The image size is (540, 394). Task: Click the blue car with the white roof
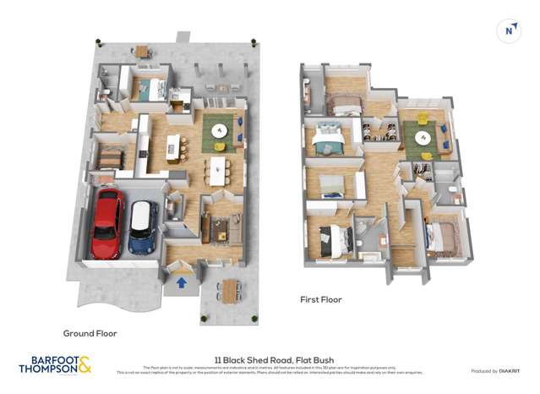(x=144, y=227)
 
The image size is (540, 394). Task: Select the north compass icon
(x=509, y=31)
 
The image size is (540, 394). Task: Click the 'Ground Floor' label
(x=90, y=333)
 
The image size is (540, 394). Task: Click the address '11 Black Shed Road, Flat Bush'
(x=270, y=358)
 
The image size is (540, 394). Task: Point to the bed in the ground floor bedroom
(x=109, y=156)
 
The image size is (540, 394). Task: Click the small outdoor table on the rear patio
(x=141, y=52)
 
